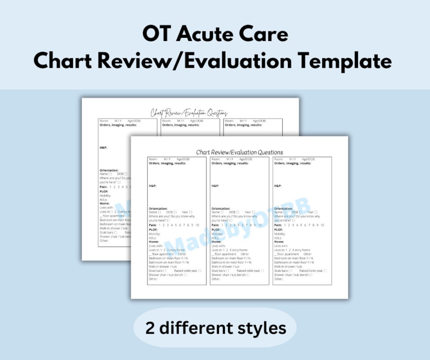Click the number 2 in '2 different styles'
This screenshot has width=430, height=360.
click(150, 328)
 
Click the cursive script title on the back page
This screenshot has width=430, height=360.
click(189, 113)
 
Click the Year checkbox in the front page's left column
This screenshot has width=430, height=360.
click(191, 212)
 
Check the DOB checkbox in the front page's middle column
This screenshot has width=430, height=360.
click(238, 212)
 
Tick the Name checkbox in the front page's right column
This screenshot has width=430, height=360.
click(285, 212)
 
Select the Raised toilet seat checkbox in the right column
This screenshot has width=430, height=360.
click(325, 271)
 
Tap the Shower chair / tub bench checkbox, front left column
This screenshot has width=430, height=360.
click(186, 275)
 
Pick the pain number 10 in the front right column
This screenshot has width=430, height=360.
click(322, 225)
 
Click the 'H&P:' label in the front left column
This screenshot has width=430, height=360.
click(152, 186)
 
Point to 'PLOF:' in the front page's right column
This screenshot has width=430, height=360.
click(279, 230)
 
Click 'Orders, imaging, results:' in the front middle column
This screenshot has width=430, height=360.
click(230, 163)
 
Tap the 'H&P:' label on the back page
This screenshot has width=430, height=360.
click(103, 148)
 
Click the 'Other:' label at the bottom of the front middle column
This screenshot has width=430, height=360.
click(216, 279)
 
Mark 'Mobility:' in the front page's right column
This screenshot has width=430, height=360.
click(280, 234)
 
